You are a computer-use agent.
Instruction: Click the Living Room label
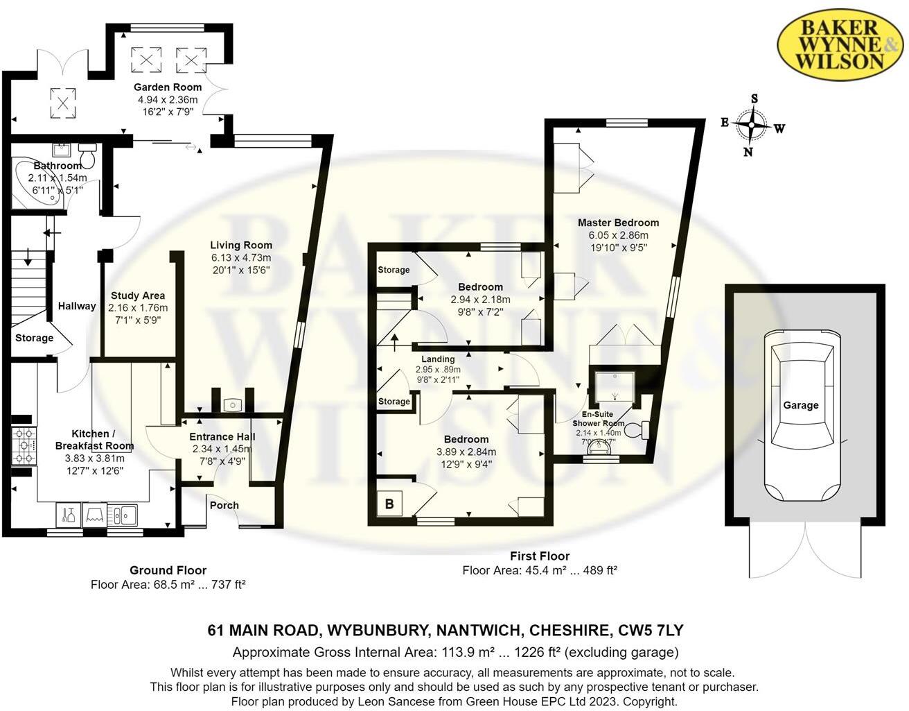click(x=241, y=245)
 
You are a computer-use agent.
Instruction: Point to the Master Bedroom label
click(x=618, y=223)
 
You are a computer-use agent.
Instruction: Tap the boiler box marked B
click(x=389, y=504)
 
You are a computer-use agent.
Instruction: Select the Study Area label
click(x=138, y=295)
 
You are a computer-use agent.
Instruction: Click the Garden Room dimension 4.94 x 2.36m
click(x=168, y=99)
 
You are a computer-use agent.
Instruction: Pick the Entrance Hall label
click(x=222, y=436)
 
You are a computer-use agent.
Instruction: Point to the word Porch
click(x=224, y=505)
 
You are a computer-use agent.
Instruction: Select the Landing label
click(x=438, y=359)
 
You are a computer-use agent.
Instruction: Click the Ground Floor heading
click(x=168, y=570)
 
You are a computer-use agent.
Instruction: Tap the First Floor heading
click(x=540, y=556)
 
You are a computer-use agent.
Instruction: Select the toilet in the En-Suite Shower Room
click(x=635, y=431)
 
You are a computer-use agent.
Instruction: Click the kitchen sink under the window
click(x=125, y=515)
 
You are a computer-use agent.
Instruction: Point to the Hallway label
click(x=77, y=306)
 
